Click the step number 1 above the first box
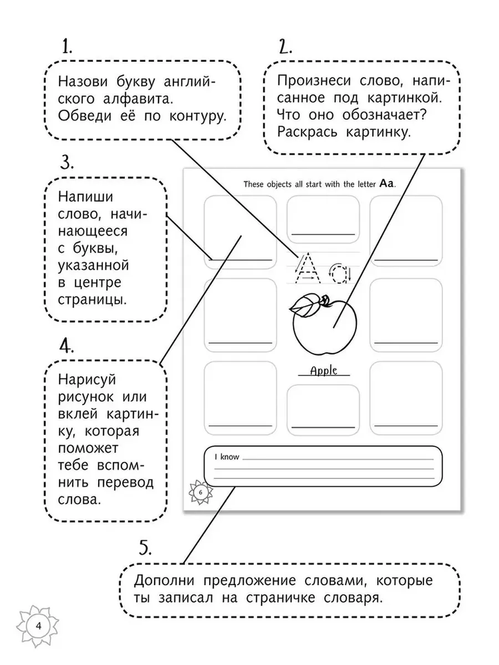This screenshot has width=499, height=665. [x=67, y=47]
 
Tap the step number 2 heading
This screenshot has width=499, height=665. [x=285, y=47]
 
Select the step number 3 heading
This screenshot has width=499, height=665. [x=67, y=163]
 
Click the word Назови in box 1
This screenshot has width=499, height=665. [x=83, y=82]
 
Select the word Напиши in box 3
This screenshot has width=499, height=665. [x=85, y=197]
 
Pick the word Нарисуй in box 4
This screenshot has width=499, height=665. [x=87, y=380]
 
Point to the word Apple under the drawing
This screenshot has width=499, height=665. [x=324, y=371]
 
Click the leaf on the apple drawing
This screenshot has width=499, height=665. [x=305, y=306]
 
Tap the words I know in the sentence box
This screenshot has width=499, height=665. [x=227, y=457]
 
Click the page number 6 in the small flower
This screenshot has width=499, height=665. [x=200, y=492]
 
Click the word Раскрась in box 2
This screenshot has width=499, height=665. [x=307, y=132]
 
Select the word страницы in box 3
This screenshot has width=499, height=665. [x=93, y=300]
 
